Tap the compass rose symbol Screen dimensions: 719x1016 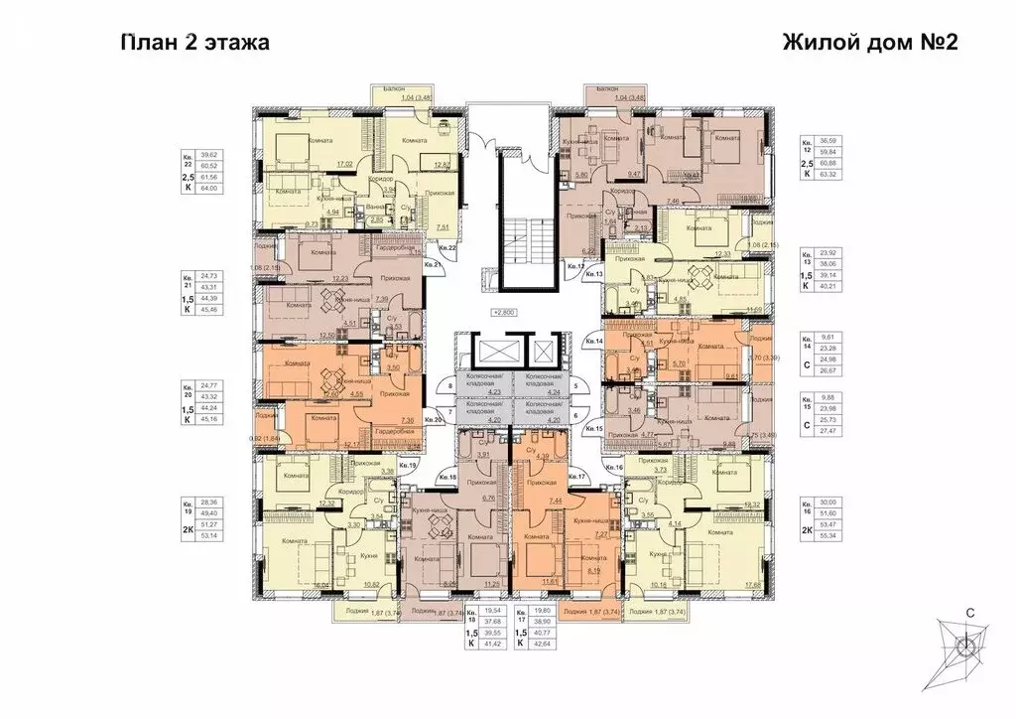coord(961,647)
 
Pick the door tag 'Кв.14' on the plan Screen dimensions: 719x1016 coord(594,341)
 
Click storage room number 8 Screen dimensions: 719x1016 coord(450,385)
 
